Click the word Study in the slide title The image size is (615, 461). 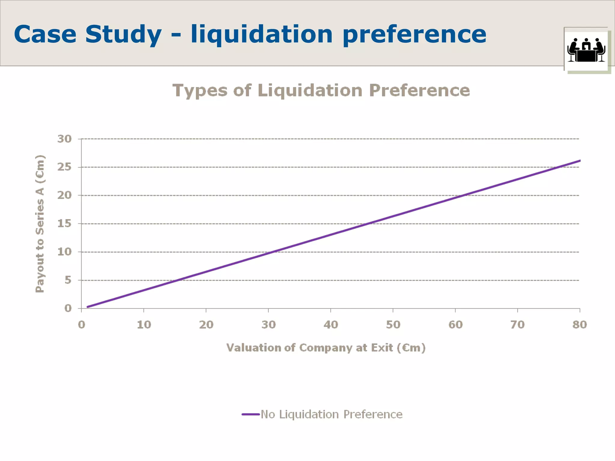pos(123,35)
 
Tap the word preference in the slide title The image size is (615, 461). pos(414,35)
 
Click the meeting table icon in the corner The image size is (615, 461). pos(586,50)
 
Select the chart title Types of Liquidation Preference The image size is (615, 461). pos(321,90)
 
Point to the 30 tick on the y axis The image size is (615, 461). pos(65,139)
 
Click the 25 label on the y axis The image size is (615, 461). pos(65,167)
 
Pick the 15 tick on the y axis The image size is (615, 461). pos(65,224)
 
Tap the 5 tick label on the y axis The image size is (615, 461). pos(68,280)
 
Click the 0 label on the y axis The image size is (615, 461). pos(68,308)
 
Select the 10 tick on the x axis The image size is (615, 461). pos(144,325)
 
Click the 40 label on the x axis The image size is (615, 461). pos(331,325)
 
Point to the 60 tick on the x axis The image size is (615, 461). pos(455,325)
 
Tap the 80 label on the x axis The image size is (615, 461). pos(579,325)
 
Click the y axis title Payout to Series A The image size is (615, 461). pos(40,224)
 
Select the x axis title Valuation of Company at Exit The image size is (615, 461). pos(326,348)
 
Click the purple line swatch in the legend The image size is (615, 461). pos(250,414)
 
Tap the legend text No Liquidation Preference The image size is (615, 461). pos(332,414)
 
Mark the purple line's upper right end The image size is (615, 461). pos(580,161)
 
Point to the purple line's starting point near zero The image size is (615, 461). pos(87,307)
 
